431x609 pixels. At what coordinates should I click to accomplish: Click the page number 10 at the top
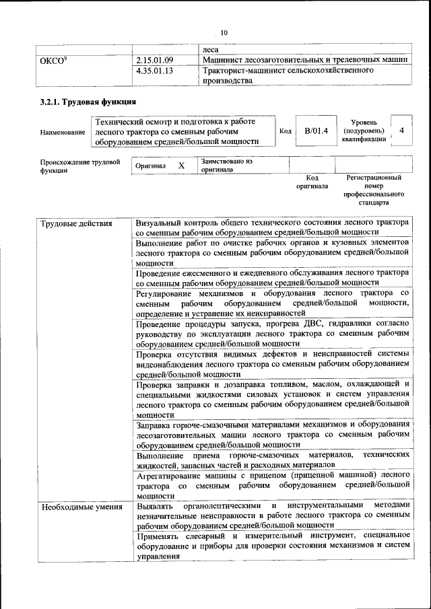[x=224, y=32]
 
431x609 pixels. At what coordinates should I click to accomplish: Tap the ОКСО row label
[x=54, y=60]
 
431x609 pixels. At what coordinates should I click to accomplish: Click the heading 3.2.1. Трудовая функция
[x=88, y=102]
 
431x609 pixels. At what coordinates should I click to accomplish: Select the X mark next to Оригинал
[x=181, y=166]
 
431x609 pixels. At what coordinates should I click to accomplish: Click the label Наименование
[x=63, y=133]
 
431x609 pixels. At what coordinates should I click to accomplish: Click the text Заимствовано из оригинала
[x=226, y=166]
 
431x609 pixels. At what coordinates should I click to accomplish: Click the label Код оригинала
[x=311, y=182]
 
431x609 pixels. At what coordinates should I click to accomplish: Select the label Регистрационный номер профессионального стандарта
[x=374, y=190]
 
